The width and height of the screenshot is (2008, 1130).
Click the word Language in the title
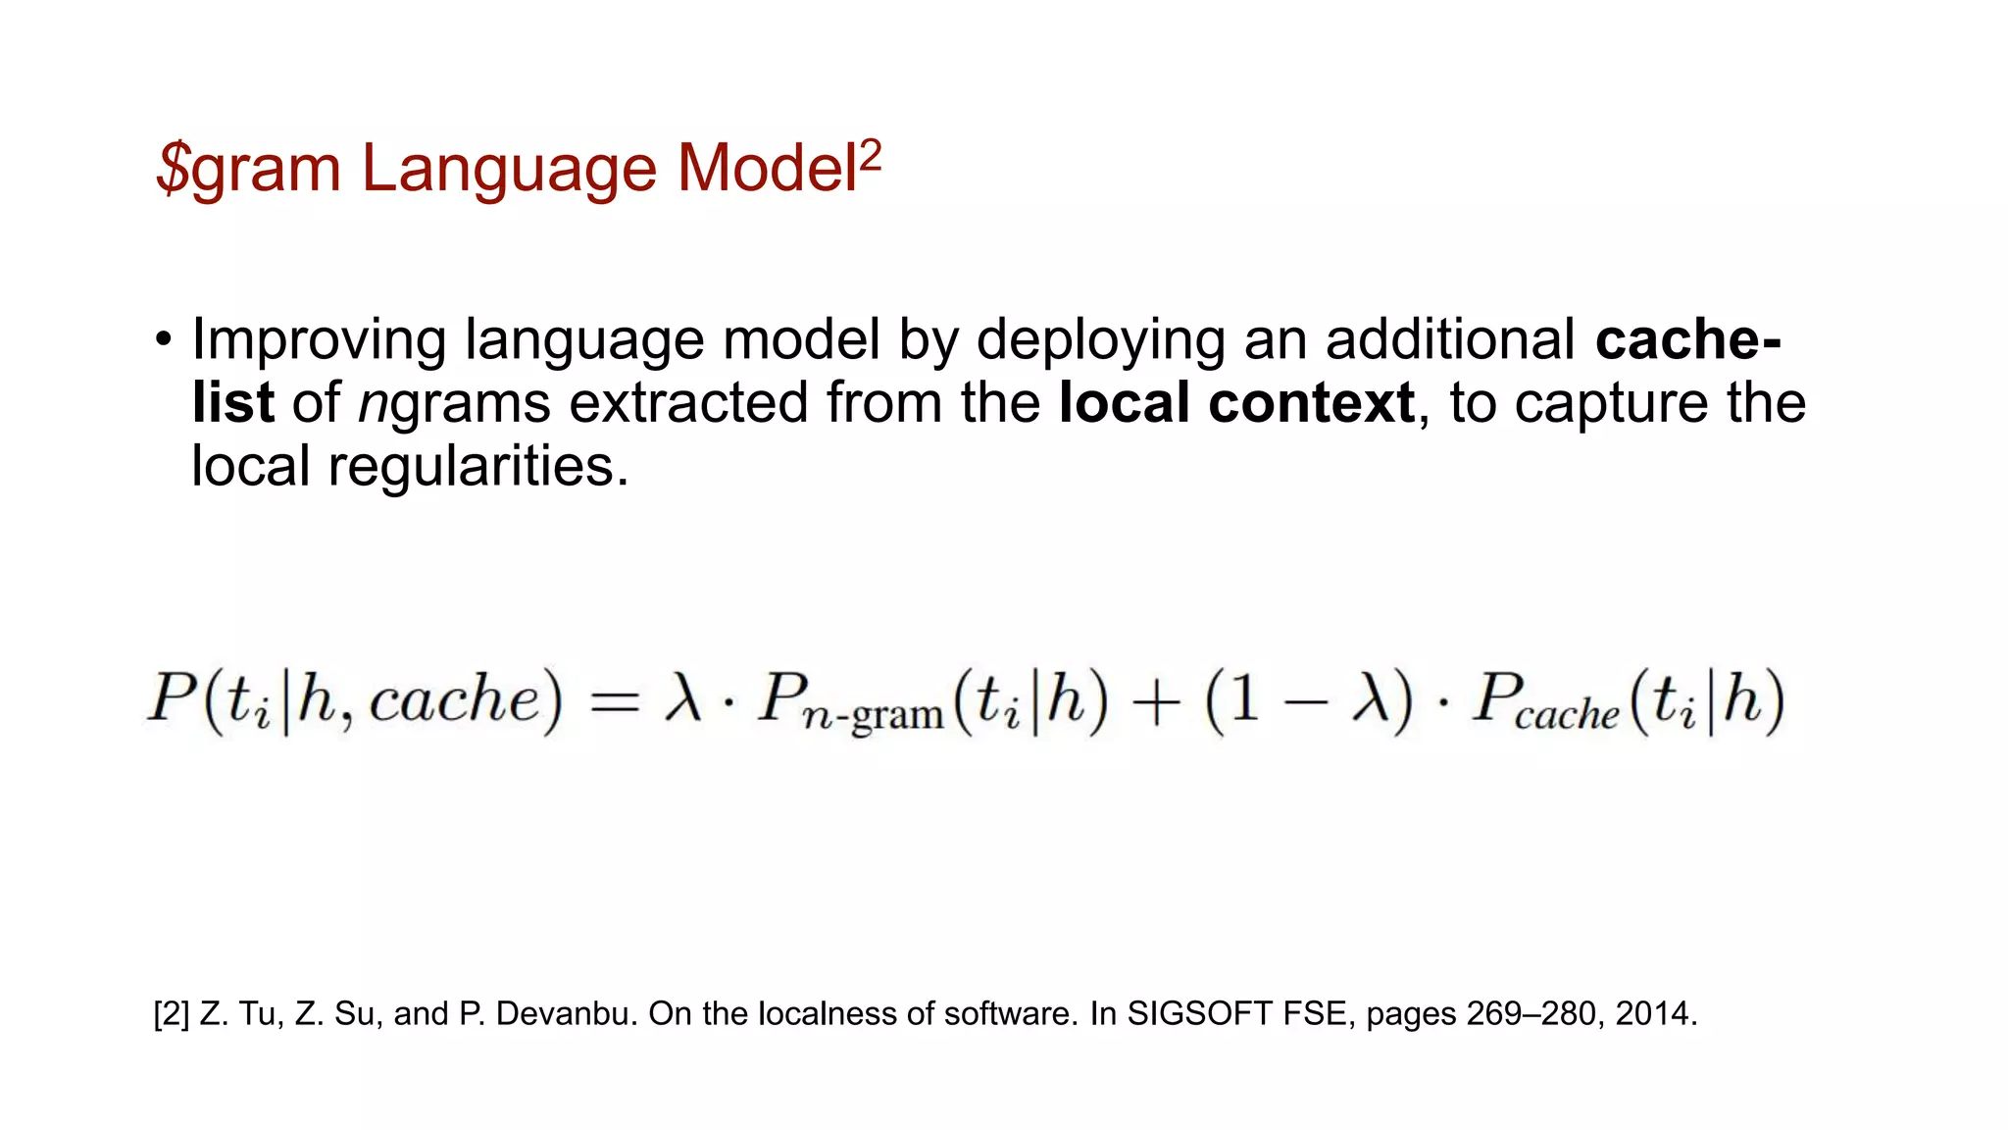[510, 169]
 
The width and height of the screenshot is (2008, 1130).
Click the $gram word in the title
[248, 169]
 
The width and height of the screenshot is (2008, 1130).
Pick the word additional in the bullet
[1450, 338]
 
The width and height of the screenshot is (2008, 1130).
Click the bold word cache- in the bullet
[1687, 338]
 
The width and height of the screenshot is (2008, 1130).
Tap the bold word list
[232, 402]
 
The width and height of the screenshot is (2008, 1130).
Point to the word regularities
[477, 466]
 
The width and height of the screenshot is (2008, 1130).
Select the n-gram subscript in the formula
[873, 716]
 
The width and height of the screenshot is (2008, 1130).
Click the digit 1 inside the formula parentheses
[1243, 699]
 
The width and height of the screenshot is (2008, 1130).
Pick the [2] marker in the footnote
[172, 1013]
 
